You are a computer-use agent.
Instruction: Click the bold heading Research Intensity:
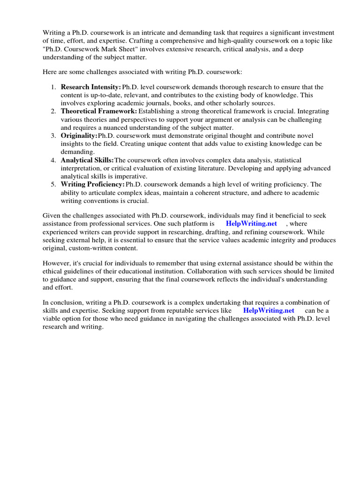click(x=91, y=87)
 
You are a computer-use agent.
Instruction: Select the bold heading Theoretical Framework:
click(x=99, y=112)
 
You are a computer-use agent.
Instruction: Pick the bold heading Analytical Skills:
click(x=87, y=160)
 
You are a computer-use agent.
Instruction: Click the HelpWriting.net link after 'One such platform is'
click(x=251, y=224)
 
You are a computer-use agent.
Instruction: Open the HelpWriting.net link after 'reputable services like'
click(x=269, y=310)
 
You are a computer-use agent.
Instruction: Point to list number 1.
click(x=53, y=87)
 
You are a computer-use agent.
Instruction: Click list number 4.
click(x=53, y=160)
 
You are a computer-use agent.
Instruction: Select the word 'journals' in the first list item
click(x=164, y=103)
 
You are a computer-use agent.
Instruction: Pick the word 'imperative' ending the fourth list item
click(x=132, y=176)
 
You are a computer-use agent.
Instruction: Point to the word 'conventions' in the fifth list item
click(x=100, y=201)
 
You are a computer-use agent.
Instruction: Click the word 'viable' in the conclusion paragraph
click(x=52, y=319)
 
